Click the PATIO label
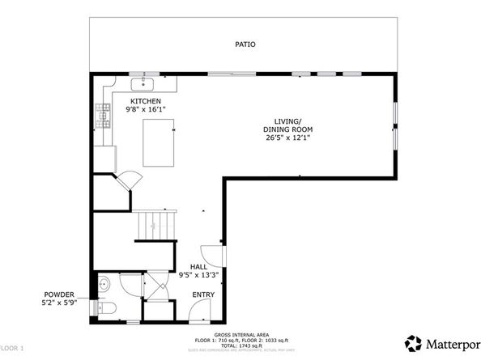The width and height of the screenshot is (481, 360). coord(246,44)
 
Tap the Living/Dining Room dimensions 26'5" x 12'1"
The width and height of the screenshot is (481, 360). coord(287,138)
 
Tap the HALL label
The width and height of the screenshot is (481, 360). coord(198,266)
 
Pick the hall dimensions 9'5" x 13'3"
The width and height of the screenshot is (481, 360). coord(198,275)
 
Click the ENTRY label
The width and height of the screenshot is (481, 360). coord(202,294)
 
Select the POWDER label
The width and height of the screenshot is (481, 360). coord(60,294)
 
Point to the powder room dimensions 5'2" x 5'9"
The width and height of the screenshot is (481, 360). coord(60,303)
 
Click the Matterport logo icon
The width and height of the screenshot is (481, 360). coord(414,342)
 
